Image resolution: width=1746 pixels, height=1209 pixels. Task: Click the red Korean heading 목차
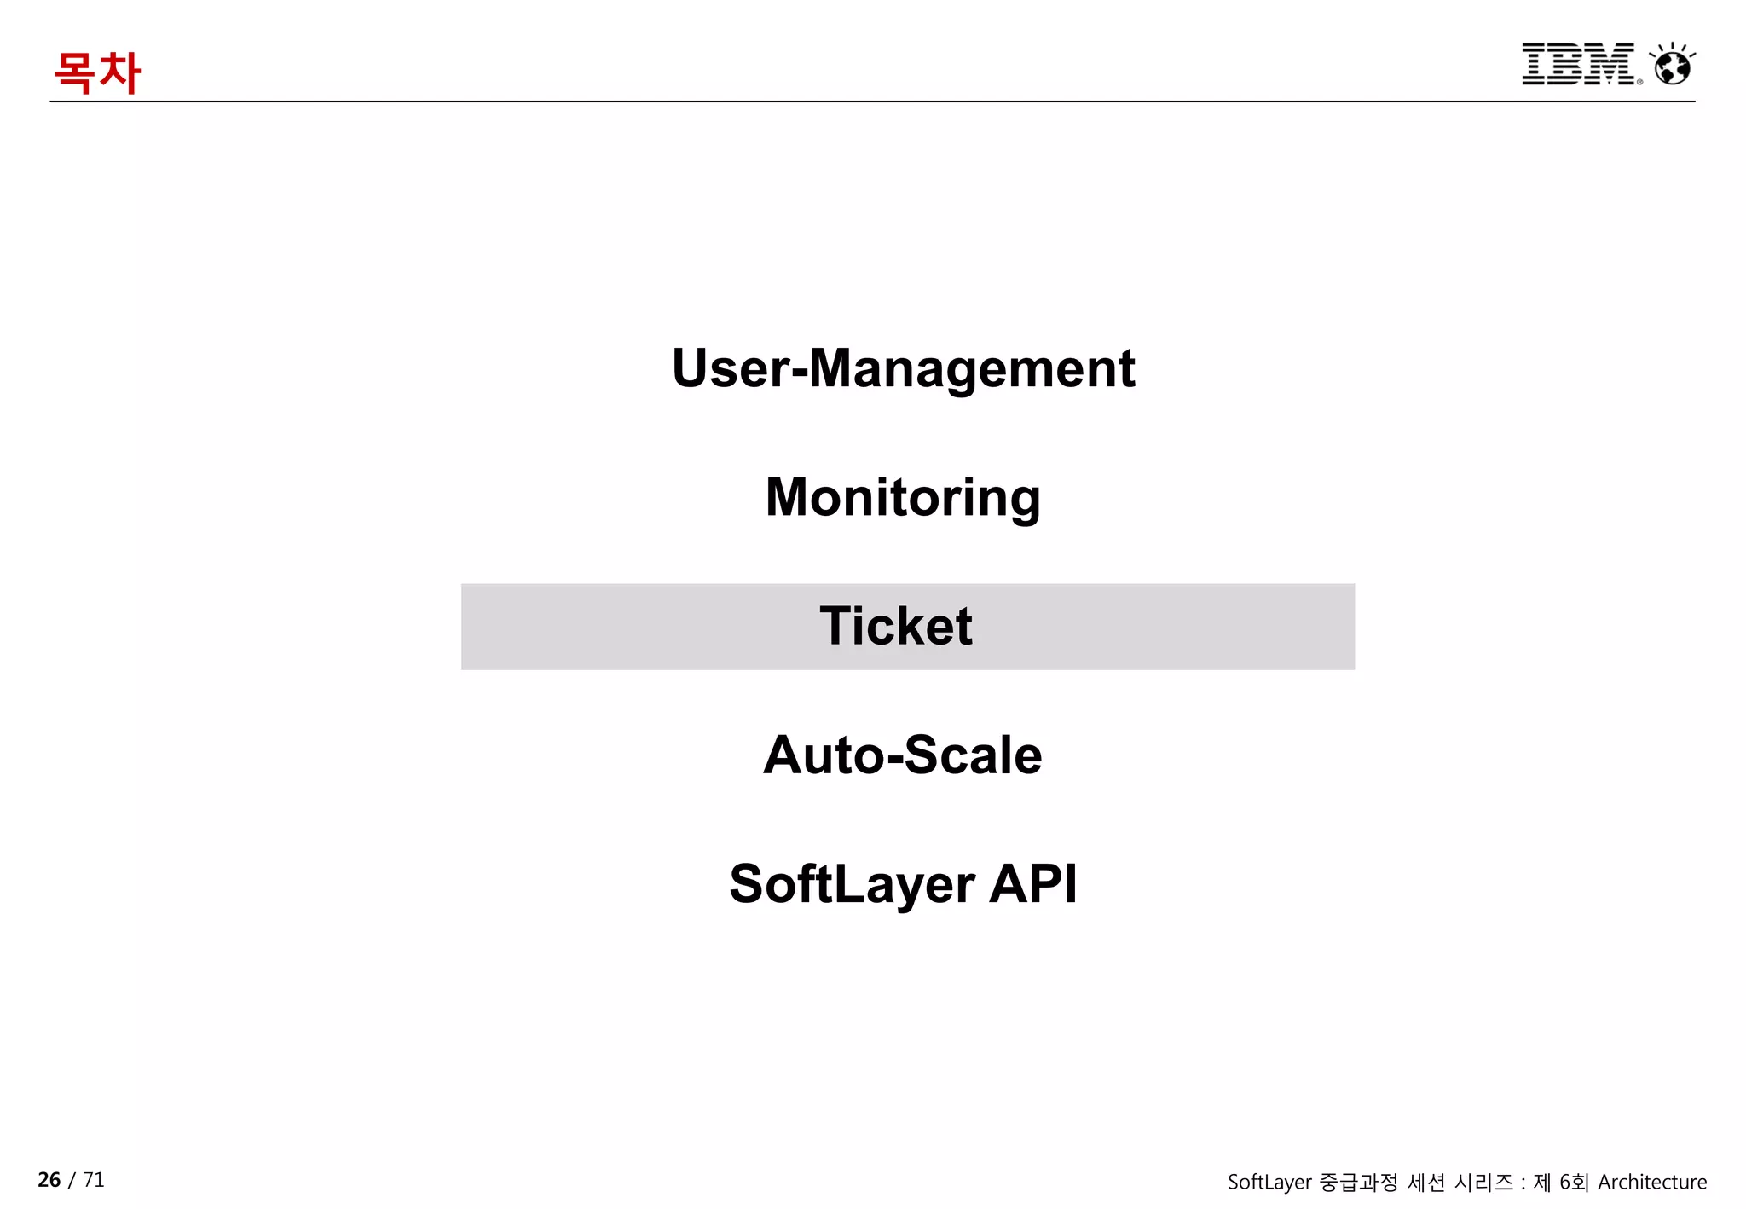click(96, 72)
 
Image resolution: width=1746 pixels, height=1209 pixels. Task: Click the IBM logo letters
click(1578, 64)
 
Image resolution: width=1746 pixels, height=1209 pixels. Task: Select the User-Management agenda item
click(903, 368)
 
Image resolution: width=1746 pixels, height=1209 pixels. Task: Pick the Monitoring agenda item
click(903, 497)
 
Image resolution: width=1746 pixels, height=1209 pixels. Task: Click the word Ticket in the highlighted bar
click(896, 626)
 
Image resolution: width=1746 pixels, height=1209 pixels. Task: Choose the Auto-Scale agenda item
click(903, 755)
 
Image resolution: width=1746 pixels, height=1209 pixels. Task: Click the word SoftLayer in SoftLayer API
click(852, 883)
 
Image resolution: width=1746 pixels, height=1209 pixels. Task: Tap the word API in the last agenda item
click(1033, 883)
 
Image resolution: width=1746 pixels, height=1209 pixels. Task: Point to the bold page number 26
click(49, 1179)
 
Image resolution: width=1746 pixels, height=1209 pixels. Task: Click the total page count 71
click(94, 1179)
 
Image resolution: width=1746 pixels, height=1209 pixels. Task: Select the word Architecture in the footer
click(1652, 1182)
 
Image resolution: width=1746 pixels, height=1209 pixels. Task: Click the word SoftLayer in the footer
click(1269, 1182)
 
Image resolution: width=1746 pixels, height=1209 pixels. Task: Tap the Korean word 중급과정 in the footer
click(1359, 1182)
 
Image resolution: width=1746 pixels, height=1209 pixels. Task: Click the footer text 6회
click(1574, 1182)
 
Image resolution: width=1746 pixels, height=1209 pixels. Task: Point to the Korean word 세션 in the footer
click(1426, 1182)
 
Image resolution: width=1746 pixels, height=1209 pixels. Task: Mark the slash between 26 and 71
click(72, 1180)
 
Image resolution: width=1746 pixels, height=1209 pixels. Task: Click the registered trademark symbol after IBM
click(1639, 82)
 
